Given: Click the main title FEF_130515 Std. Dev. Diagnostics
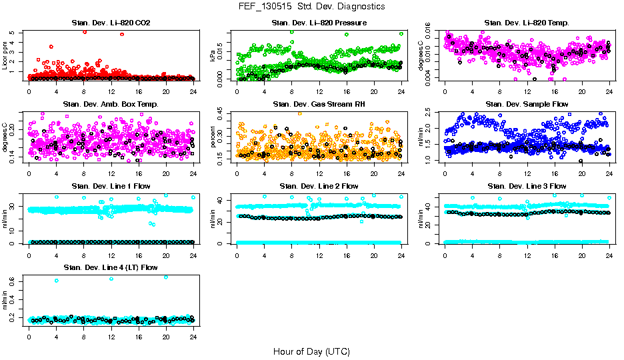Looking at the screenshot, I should tap(311, 6).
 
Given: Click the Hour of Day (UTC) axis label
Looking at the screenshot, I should tap(311, 351).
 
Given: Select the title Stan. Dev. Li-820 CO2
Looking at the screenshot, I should tap(111, 23).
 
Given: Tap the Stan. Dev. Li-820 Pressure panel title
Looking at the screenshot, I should tap(319, 23).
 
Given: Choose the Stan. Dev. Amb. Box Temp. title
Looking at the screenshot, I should tap(111, 104).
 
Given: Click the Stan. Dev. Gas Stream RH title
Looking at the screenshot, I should tap(319, 104).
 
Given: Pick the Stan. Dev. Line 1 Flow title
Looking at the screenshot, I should tap(111, 186).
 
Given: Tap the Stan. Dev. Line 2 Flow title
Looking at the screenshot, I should tap(319, 186).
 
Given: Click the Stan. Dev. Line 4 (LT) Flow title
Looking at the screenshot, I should tap(111, 267).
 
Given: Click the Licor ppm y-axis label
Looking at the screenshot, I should tap(5, 55).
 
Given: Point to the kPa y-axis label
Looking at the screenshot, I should tap(213, 55).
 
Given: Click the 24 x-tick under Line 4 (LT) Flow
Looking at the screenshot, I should tap(193, 337).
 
